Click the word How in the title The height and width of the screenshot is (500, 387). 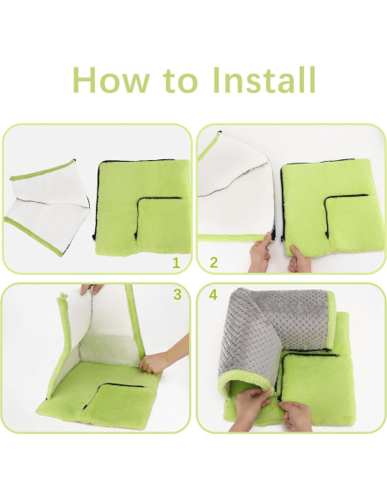tap(110, 80)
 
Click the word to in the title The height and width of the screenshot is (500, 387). tap(181, 80)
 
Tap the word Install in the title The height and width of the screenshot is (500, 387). tap(264, 80)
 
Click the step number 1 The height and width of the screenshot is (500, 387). tap(176, 263)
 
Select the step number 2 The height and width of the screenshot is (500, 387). tap(214, 263)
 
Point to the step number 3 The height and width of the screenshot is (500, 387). tap(177, 295)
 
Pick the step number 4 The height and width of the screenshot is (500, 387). tap(213, 295)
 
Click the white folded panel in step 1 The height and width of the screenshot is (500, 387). tap(47, 207)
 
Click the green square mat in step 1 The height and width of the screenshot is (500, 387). tap(142, 207)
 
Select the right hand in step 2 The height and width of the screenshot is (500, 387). tap(300, 259)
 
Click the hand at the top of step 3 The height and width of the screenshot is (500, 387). tap(92, 289)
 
